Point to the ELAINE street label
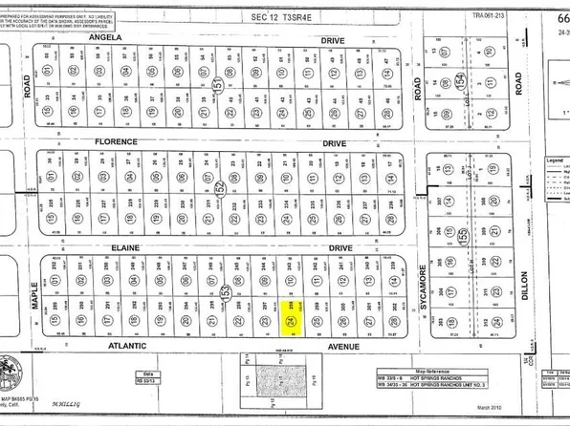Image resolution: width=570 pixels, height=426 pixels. pos(126,247)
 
